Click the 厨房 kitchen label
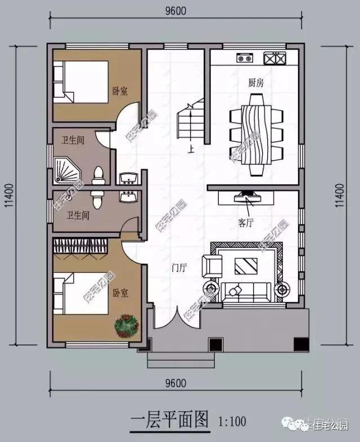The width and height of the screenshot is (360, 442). pyautogui.click(x=256, y=83)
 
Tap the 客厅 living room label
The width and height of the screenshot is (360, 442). pyautogui.click(x=246, y=223)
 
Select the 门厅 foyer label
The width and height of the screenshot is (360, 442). pyautogui.click(x=179, y=269)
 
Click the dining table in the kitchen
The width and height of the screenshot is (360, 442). pyautogui.click(x=255, y=134)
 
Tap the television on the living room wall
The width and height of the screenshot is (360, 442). pyautogui.click(x=247, y=197)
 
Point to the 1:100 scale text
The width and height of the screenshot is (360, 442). pyautogui.click(x=231, y=420)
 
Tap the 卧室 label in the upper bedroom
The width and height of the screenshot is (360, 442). pyautogui.click(x=120, y=90)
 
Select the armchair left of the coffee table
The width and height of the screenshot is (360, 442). pyautogui.click(x=213, y=264)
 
